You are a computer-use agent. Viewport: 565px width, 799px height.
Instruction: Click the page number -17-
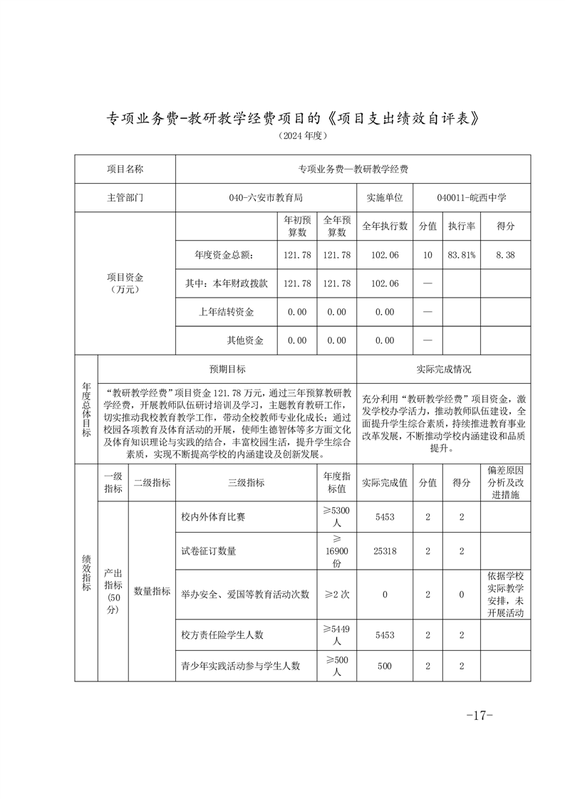pos(479,716)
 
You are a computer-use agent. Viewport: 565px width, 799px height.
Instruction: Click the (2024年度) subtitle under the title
pos(283,135)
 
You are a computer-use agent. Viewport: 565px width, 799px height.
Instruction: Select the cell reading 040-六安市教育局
pos(266,198)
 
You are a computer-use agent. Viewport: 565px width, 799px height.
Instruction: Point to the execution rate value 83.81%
pos(461,255)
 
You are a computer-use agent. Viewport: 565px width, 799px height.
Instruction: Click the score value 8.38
pos(505,255)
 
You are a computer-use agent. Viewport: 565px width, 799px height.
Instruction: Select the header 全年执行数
pos(385,226)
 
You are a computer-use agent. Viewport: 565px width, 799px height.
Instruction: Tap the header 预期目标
pos(227,369)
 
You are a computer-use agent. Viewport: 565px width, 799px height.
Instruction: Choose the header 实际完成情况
pos(443,369)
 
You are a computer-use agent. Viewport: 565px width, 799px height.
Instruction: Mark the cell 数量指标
pos(152,591)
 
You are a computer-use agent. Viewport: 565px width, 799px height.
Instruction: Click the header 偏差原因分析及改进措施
pos(505,482)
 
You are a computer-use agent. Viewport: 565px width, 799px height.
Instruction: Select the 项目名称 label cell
pos(125,169)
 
